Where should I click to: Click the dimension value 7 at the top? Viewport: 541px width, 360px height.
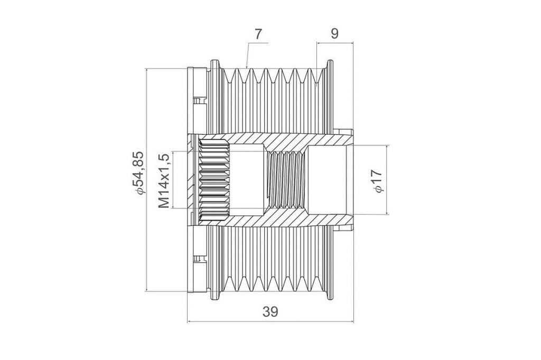(x=258, y=34)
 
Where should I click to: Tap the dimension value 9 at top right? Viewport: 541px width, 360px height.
(x=334, y=34)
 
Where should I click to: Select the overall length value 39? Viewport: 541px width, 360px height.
(x=270, y=312)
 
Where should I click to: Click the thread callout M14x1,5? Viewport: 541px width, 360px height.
(x=164, y=181)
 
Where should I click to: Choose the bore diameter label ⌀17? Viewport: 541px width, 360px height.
(x=377, y=181)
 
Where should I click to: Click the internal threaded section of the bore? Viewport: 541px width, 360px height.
(x=286, y=180)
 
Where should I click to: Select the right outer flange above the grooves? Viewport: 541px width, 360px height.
(x=330, y=65)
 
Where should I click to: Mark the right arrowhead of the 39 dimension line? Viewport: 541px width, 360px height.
(x=351, y=322)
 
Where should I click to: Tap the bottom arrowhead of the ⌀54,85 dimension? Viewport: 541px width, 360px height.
(x=147, y=289)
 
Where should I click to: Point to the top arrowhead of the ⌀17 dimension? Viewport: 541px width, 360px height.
(x=387, y=148)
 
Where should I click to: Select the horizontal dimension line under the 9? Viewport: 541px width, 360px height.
(x=335, y=43)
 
